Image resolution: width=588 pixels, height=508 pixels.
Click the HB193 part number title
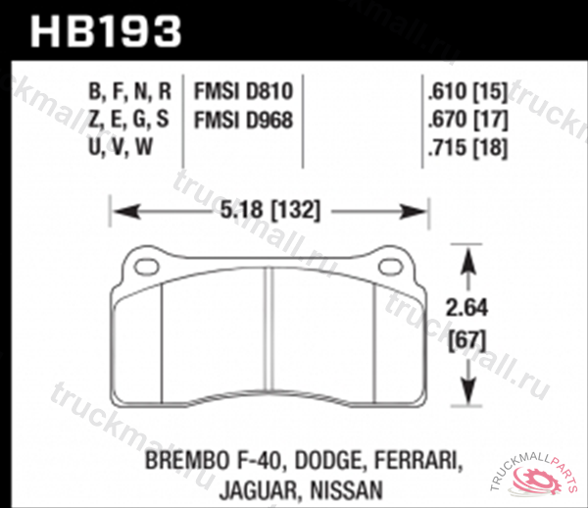107,31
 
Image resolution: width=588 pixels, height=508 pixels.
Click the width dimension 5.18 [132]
269,210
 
